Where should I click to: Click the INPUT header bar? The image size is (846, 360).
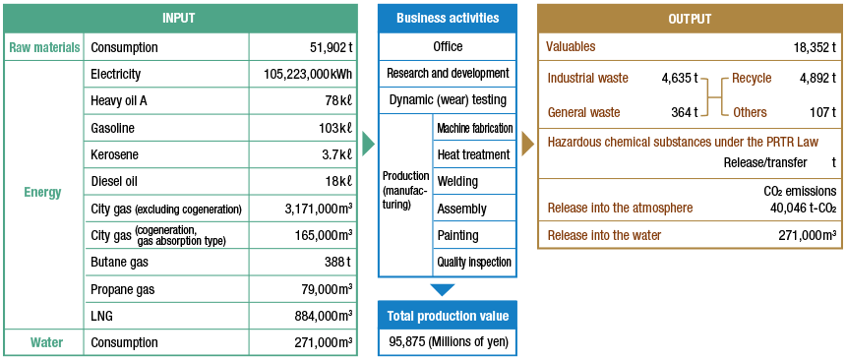[x=180, y=19]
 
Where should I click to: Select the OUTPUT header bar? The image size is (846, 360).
[x=690, y=19]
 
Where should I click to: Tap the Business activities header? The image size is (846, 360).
[x=448, y=19]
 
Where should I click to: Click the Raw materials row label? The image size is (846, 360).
[x=44, y=47]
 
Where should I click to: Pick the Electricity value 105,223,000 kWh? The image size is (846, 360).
[x=307, y=74]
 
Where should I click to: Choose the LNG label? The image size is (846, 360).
[x=102, y=316]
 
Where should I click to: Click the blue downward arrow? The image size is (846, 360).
[x=444, y=289]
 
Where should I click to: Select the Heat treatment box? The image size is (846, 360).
[x=473, y=154]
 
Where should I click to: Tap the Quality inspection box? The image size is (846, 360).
[x=473, y=262]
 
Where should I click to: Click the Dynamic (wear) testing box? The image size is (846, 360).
[x=448, y=99]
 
